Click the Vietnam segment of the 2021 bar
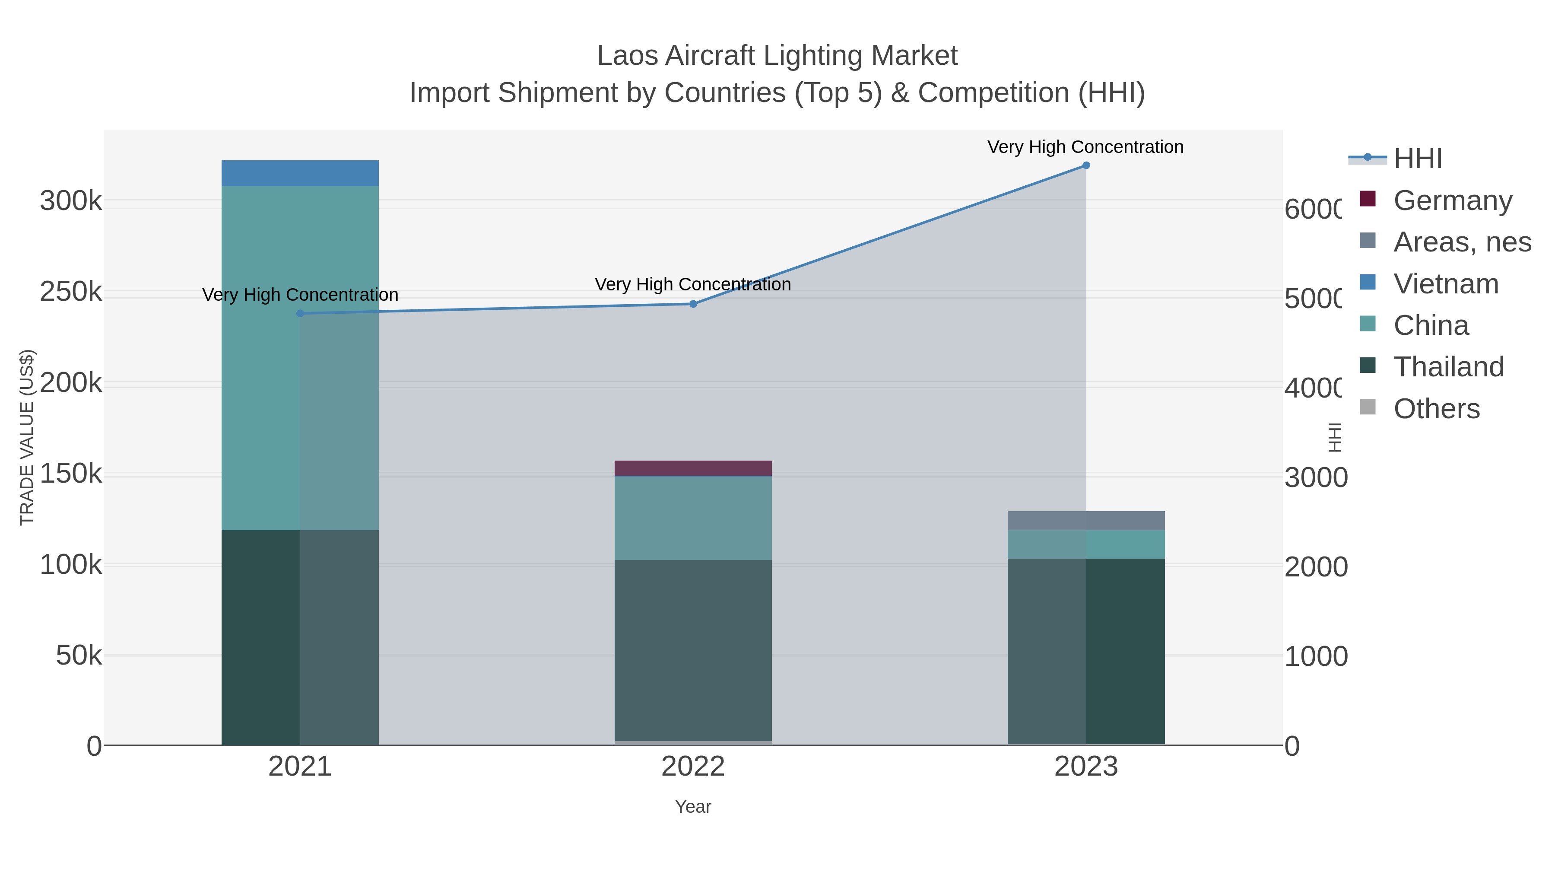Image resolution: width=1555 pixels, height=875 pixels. (x=300, y=173)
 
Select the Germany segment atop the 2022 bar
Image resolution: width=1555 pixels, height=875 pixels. (x=693, y=468)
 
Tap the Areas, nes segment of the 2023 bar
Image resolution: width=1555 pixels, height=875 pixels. (x=1086, y=521)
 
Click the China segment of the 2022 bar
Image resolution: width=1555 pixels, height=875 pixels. (x=693, y=518)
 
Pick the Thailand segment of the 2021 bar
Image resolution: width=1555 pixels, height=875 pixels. (x=300, y=637)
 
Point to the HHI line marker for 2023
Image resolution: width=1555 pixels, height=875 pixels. (x=1086, y=165)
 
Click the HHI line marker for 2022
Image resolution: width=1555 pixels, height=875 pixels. (x=693, y=304)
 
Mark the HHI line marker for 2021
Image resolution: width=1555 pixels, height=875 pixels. (x=300, y=313)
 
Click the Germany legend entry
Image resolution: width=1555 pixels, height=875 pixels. (x=1452, y=200)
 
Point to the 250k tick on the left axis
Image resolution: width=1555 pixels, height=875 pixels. (x=71, y=292)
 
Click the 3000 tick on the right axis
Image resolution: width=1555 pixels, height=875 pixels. (x=1315, y=477)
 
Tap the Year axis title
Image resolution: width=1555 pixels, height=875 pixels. (x=693, y=807)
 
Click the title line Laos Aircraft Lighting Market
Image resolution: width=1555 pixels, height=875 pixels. (x=777, y=56)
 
